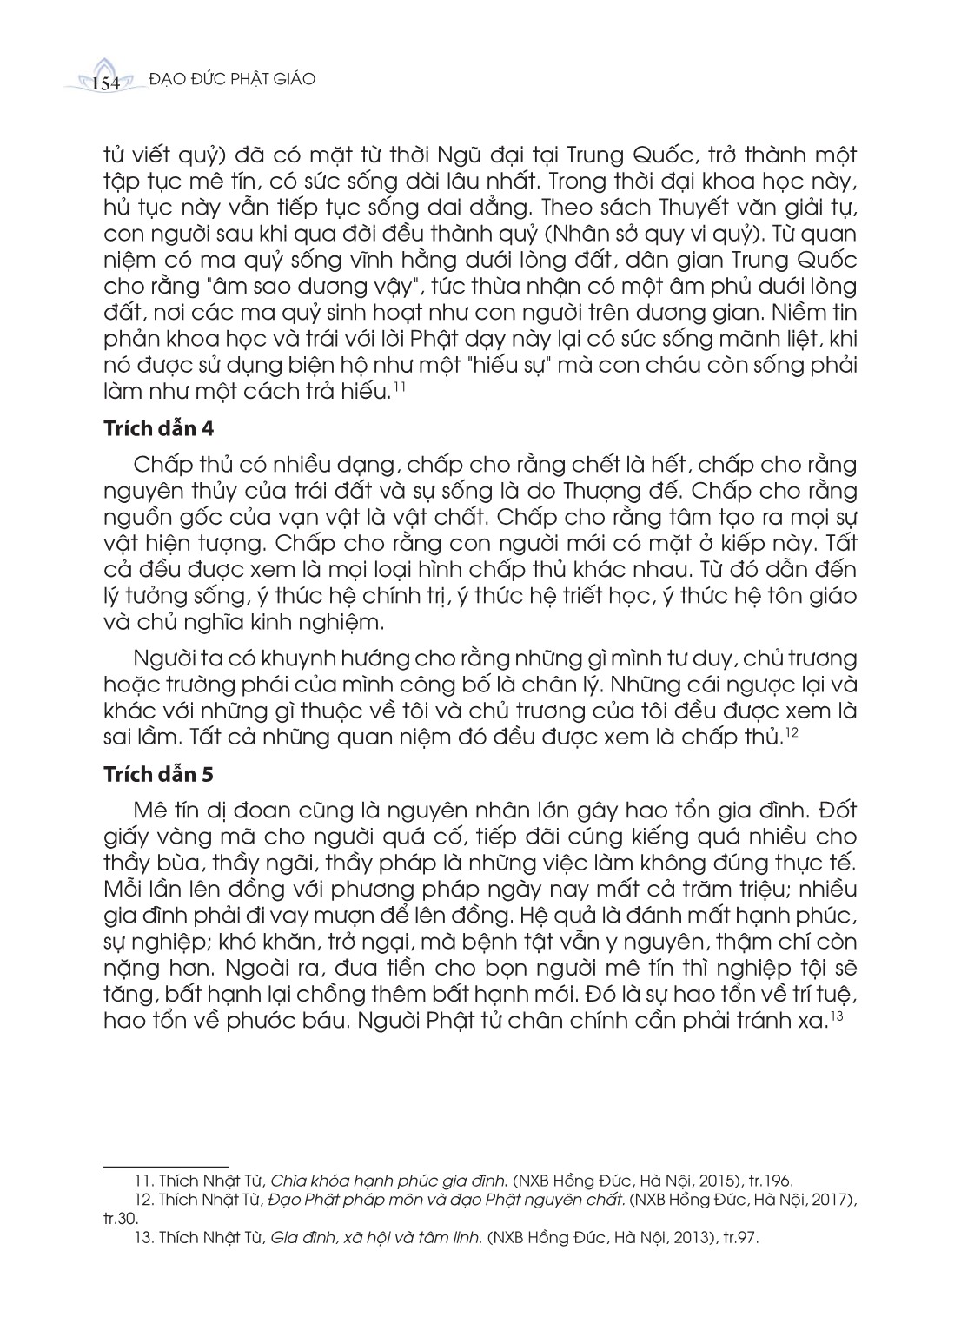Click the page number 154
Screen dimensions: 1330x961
pyautogui.click(x=104, y=83)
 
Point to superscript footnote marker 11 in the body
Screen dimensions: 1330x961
pyautogui.click(x=397, y=387)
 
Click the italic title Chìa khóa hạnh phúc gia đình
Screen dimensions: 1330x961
pyautogui.click(x=388, y=1179)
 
